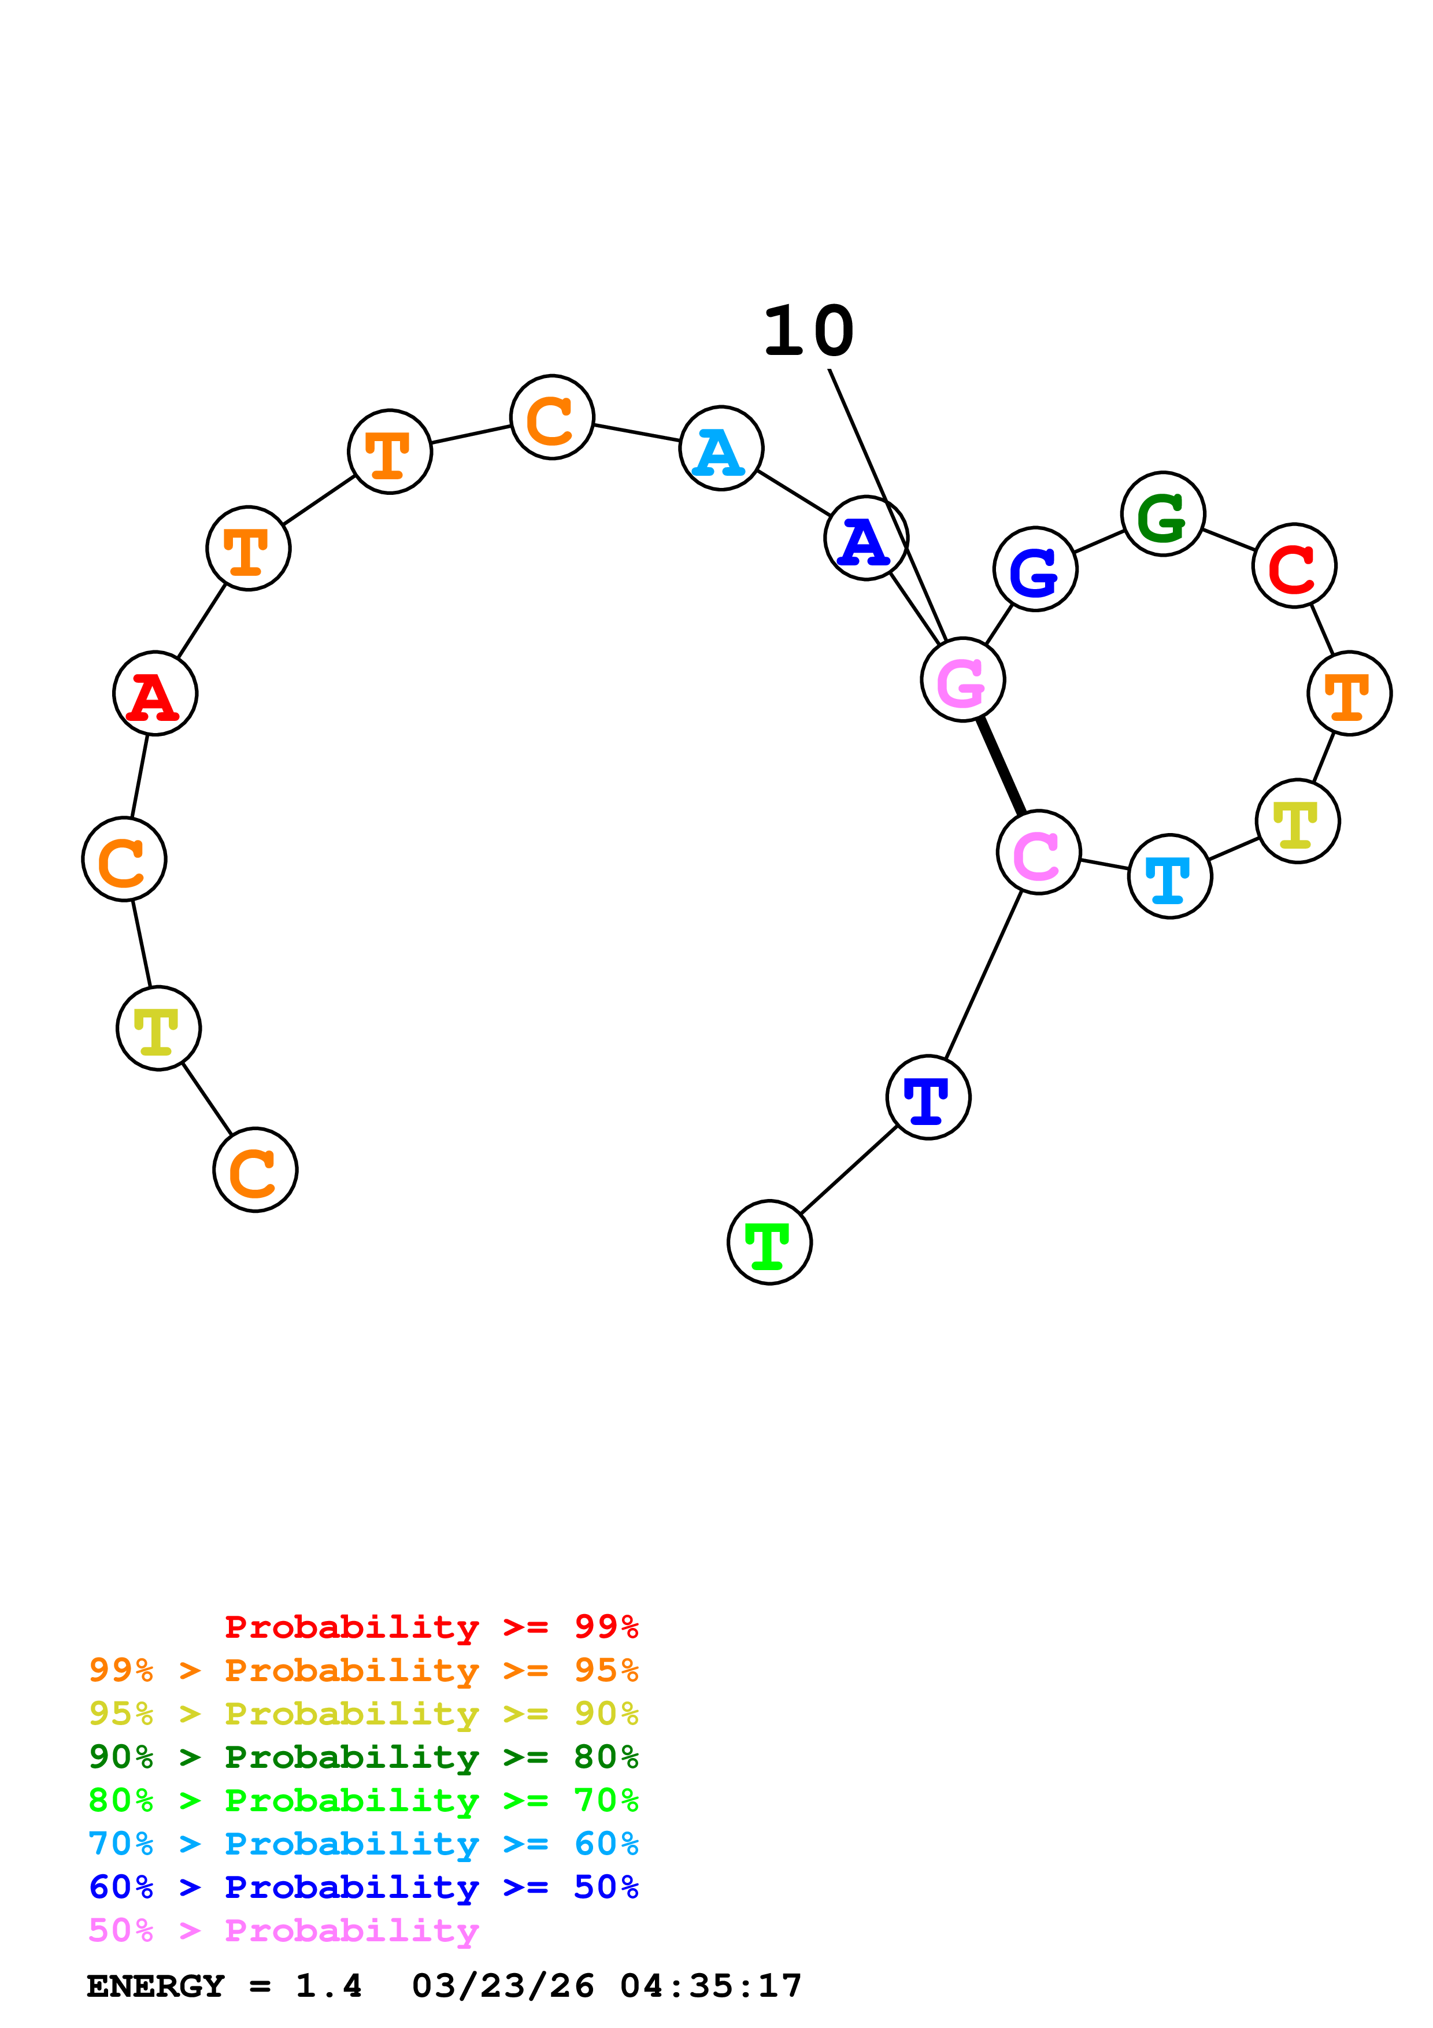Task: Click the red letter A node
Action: pos(155,693)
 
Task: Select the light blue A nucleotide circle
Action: pos(721,448)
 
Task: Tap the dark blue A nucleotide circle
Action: pos(866,538)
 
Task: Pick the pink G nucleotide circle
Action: pos(962,680)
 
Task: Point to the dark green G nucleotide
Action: pos(1163,514)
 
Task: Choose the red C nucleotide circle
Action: pos(1294,565)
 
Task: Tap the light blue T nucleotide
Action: pos(1170,876)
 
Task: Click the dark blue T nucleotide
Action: pos(928,1097)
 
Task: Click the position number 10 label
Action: pos(808,332)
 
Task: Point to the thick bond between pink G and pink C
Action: pos(1001,767)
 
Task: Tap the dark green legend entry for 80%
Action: pos(363,1757)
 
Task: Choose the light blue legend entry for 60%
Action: pos(363,1844)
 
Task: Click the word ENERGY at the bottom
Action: pos(155,1986)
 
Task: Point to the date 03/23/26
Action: pos(503,1986)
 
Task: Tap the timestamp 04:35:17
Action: pos(711,1986)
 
